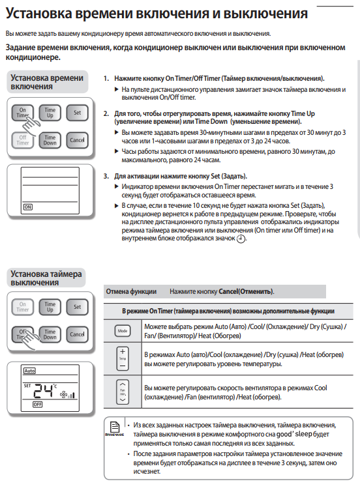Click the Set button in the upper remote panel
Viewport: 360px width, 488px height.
tap(77, 113)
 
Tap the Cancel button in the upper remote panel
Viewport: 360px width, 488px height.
tap(77, 140)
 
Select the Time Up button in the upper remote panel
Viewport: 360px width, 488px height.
tap(50, 113)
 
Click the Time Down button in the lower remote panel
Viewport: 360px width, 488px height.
tap(50, 334)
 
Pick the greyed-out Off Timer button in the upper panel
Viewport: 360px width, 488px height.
tap(22, 140)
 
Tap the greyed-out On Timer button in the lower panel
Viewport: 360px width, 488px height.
tap(22, 307)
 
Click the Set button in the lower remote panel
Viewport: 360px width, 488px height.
tap(77, 307)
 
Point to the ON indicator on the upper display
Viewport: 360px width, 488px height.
tap(27, 207)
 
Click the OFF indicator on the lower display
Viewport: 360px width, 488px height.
tap(38, 405)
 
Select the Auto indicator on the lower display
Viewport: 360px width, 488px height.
tap(29, 371)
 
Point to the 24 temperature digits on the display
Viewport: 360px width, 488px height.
tap(43, 391)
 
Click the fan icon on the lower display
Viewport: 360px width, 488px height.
tap(63, 395)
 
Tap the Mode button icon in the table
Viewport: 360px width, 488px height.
tap(123, 331)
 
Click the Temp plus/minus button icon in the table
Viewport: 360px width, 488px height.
tap(123, 358)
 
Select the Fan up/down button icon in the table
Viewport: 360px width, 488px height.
tap(123, 392)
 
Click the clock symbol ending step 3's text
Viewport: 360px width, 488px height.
tap(241, 239)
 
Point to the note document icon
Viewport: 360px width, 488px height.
tap(115, 427)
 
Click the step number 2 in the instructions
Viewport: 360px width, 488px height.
tap(106, 113)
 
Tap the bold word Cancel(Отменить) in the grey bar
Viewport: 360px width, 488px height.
tap(246, 292)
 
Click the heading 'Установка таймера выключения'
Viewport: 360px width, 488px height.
tap(46, 278)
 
